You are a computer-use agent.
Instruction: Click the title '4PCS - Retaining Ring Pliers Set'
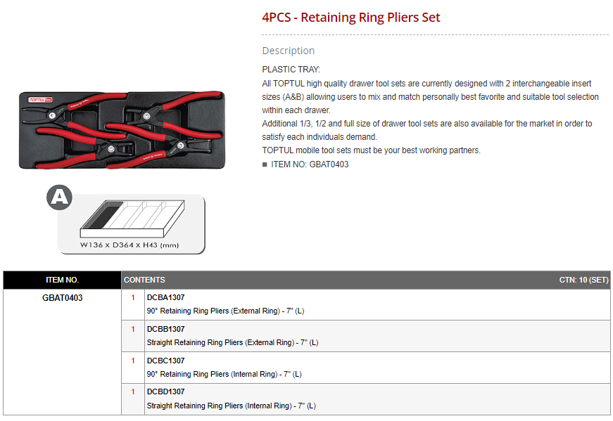pos(350,18)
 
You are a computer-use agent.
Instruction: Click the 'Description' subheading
pos(288,51)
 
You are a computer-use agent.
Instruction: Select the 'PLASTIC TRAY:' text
pos(291,70)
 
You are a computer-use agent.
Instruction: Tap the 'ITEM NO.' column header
pos(62,280)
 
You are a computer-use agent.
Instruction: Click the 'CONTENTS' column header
pos(144,280)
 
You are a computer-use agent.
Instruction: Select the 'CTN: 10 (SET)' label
pos(583,280)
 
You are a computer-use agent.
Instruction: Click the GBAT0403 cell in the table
pos(62,298)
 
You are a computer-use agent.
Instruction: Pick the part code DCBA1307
pos(165,297)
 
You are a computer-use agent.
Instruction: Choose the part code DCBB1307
pos(165,329)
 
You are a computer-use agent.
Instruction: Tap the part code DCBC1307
pos(165,361)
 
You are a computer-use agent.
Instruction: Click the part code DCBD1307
pos(165,391)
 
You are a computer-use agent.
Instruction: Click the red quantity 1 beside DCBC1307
pos(133,361)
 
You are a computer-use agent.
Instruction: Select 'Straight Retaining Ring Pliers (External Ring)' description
pos(220,342)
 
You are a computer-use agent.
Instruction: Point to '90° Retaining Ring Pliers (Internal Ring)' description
pos(213,374)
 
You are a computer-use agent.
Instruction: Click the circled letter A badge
pos(59,197)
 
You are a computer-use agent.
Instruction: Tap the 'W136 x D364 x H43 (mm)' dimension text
pos(129,245)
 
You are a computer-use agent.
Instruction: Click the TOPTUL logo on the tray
pos(40,100)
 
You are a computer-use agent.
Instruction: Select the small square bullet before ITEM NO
pos(265,164)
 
